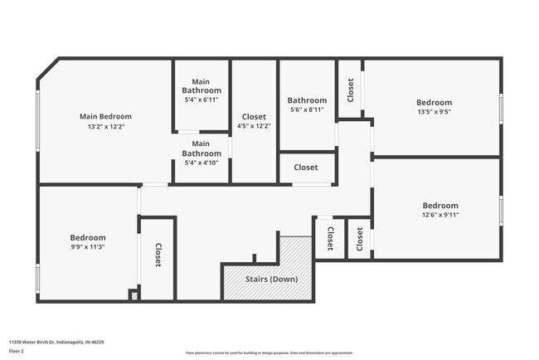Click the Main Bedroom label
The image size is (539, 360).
pyautogui.click(x=105, y=117)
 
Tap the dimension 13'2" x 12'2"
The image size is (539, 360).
pyautogui.click(x=105, y=128)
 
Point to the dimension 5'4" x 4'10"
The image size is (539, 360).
pyautogui.click(x=202, y=163)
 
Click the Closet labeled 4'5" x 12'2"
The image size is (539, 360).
pyautogui.click(x=254, y=122)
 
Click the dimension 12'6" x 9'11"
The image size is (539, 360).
pyautogui.click(x=439, y=216)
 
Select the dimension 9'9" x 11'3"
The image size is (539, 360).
pyautogui.click(x=86, y=246)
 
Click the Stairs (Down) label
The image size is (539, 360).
pyautogui.click(x=271, y=279)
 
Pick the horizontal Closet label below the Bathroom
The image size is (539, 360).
pyautogui.click(x=306, y=168)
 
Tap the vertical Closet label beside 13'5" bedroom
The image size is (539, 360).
pyautogui.click(x=351, y=89)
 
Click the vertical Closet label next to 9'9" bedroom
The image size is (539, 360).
pyautogui.click(x=158, y=255)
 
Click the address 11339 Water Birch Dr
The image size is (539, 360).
pyautogui.click(x=56, y=342)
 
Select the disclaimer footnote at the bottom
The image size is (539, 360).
pyautogui.click(x=269, y=353)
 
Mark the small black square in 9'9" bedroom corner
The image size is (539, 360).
pyautogui.click(x=133, y=294)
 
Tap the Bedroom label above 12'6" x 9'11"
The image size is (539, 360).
pyautogui.click(x=439, y=206)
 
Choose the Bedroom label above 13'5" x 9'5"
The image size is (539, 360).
pyautogui.click(x=434, y=104)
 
